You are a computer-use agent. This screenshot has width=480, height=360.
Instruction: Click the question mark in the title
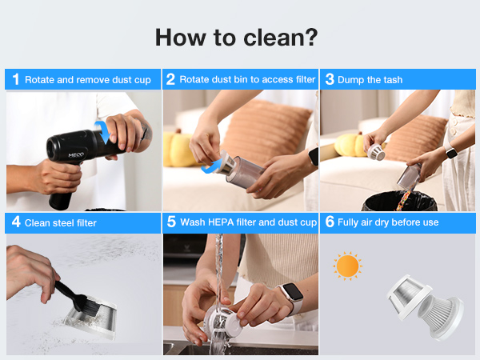(x=311, y=38)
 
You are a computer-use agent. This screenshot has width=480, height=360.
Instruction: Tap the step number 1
(x=16, y=79)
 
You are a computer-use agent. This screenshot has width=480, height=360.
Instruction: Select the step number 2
(x=170, y=79)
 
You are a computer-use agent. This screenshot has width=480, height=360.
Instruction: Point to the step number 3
(x=330, y=79)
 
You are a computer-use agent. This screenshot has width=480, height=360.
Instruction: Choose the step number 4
(x=16, y=222)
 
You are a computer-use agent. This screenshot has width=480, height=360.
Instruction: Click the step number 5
(x=171, y=222)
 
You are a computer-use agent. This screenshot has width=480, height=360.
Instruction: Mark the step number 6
(x=330, y=222)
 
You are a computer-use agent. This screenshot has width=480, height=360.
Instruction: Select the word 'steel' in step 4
(x=63, y=223)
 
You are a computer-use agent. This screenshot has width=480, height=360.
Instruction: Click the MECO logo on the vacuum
(x=76, y=155)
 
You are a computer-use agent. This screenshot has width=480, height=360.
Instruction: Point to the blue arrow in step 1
(x=103, y=132)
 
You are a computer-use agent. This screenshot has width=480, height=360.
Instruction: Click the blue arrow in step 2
(x=212, y=166)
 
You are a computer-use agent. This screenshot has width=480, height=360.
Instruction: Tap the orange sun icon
(x=347, y=266)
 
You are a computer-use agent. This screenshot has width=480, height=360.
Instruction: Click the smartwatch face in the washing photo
(x=292, y=293)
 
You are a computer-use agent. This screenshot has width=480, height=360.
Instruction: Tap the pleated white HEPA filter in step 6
(x=441, y=316)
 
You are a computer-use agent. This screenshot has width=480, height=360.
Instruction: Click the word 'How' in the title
(x=180, y=38)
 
